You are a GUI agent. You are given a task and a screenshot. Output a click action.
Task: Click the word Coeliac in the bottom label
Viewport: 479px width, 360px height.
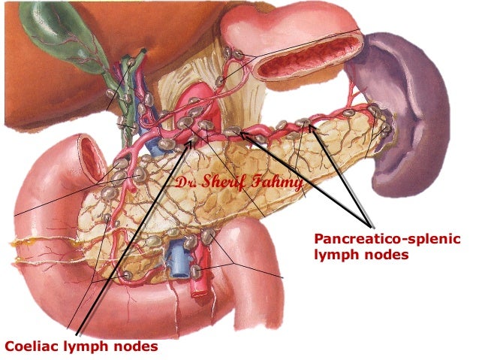[31, 346]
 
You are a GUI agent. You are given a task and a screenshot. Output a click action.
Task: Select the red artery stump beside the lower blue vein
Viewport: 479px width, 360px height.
[199, 283]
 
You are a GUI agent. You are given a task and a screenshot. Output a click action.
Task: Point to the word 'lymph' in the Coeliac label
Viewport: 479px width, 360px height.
[89, 346]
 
